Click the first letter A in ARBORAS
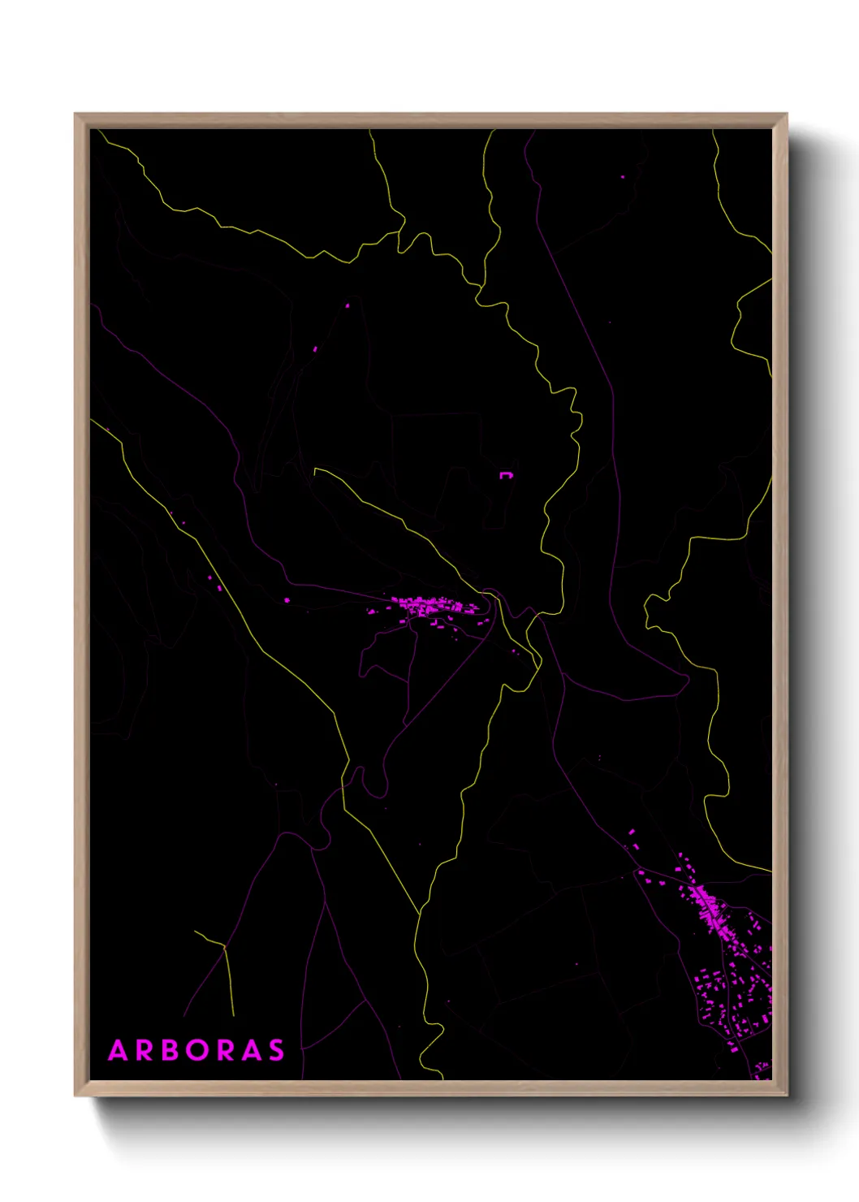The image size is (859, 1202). [x=119, y=1050]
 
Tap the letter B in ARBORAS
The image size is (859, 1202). [x=170, y=1050]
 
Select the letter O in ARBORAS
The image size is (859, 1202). [x=197, y=1050]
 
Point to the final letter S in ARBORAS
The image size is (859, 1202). [x=277, y=1050]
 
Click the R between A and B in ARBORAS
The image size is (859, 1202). [x=145, y=1050]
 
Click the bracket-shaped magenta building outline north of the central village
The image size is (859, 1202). [x=506, y=475]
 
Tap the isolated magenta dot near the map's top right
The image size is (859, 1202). [x=623, y=176]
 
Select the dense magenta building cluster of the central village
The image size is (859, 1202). [x=426, y=605]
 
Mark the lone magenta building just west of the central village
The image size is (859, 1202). [x=287, y=600]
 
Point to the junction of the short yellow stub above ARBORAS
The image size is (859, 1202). [x=224, y=946]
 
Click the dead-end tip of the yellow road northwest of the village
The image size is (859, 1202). [x=315, y=469]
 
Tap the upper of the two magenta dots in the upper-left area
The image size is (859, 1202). [x=347, y=305]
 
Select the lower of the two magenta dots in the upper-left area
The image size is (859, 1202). [x=315, y=348]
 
